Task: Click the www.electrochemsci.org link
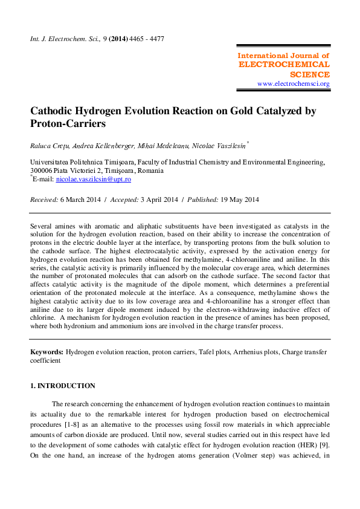[x=293, y=83]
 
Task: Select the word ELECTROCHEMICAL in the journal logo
[x=284, y=64]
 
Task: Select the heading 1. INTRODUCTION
[x=63, y=386]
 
